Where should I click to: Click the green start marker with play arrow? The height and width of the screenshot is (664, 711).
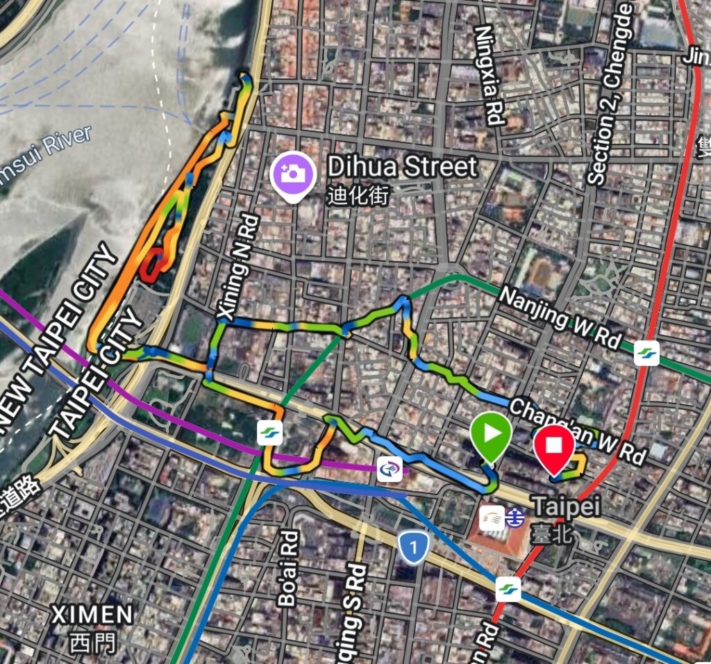(x=491, y=435)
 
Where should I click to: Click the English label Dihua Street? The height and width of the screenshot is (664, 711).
(x=403, y=167)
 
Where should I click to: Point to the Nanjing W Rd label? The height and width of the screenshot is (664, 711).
(x=560, y=317)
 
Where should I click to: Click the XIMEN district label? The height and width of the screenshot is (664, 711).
(x=92, y=615)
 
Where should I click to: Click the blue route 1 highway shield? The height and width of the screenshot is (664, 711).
(x=415, y=549)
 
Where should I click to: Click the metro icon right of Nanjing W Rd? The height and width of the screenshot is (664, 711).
(x=646, y=352)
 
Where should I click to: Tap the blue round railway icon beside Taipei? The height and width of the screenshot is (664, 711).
(x=515, y=518)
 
